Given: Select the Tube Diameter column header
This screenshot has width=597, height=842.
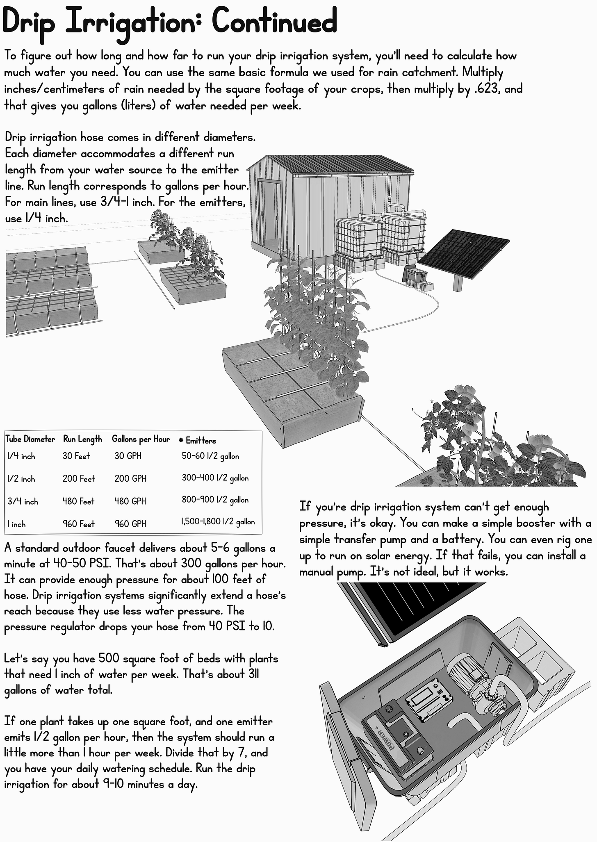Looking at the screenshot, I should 30,439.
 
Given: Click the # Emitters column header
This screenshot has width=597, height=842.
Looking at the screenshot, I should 197,441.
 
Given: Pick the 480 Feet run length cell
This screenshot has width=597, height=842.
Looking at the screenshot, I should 78,501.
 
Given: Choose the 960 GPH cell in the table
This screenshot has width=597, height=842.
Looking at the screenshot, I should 130,524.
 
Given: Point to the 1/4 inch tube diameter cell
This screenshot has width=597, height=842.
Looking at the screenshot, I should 21,456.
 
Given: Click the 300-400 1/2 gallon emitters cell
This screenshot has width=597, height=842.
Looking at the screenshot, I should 215,478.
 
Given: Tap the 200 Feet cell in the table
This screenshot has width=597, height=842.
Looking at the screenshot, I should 78,478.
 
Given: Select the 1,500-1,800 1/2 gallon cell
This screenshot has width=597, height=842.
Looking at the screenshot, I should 218,522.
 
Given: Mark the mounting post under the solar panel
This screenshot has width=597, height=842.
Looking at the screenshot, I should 458,283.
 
